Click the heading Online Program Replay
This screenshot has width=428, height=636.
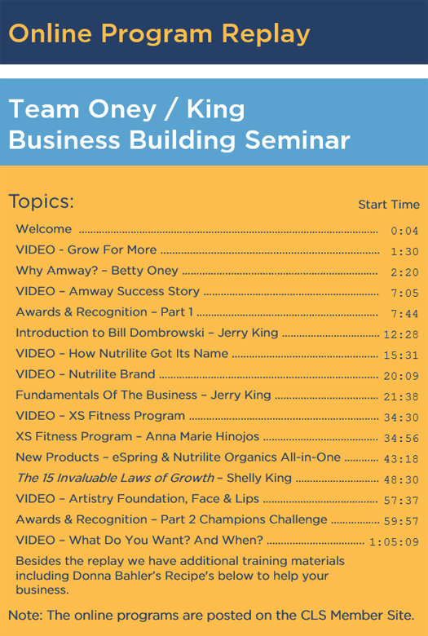[x=159, y=34]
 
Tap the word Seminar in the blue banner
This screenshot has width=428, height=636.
[x=298, y=140]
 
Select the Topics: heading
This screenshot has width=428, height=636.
[x=42, y=201]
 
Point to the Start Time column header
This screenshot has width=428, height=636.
[x=389, y=205]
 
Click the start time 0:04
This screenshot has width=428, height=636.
[x=404, y=231]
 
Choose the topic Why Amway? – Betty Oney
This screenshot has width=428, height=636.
[x=97, y=271]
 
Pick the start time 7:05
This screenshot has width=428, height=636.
[x=404, y=293]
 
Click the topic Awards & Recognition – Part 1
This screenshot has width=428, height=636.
[x=104, y=312]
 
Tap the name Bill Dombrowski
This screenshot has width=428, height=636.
[x=157, y=333]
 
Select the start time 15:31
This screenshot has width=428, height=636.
[x=401, y=356]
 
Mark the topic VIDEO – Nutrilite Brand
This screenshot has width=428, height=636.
[x=86, y=374]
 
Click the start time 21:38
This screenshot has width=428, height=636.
[x=401, y=397]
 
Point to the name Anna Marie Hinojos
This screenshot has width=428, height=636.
[x=202, y=436]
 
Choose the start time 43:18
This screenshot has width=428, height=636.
[x=401, y=459]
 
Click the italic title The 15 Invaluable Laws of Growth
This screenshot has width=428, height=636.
[x=115, y=478]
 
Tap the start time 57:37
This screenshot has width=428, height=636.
[x=401, y=501]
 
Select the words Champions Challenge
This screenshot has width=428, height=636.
[x=263, y=519]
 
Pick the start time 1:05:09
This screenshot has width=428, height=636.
[x=394, y=542]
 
